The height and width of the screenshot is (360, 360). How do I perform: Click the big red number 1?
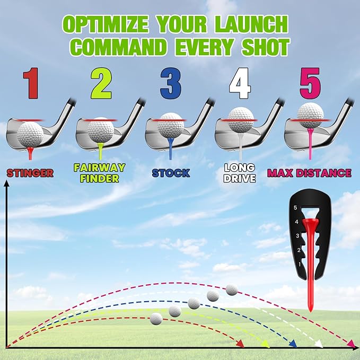[31, 83]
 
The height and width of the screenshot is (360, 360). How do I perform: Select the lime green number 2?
[101, 83]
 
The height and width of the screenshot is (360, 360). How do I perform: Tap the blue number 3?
[171, 83]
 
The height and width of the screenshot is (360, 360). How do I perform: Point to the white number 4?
[240, 83]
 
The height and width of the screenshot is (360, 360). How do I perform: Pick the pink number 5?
[310, 83]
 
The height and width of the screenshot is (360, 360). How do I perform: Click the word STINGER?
[30, 173]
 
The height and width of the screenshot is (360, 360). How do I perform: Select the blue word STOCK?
[171, 173]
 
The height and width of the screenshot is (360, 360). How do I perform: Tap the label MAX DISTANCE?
[309, 173]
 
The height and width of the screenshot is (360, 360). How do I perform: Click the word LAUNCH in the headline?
[252, 24]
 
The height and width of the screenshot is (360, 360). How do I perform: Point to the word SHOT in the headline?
[266, 47]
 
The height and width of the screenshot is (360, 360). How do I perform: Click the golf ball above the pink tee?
[310, 115]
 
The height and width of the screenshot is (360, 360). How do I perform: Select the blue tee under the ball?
[171, 148]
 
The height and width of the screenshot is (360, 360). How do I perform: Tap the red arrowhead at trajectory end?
[240, 344]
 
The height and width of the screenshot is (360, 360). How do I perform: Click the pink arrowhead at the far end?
[352, 344]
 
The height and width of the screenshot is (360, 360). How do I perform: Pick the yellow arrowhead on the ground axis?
[265, 344]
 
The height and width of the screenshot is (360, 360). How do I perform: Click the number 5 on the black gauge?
[295, 208]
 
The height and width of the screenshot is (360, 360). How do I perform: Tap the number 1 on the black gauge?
[300, 265]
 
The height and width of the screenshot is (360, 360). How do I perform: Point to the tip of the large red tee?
[310, 312]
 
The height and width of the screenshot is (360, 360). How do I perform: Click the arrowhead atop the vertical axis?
[7, 183]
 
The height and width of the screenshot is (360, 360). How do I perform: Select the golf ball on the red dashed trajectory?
[156, 319]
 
